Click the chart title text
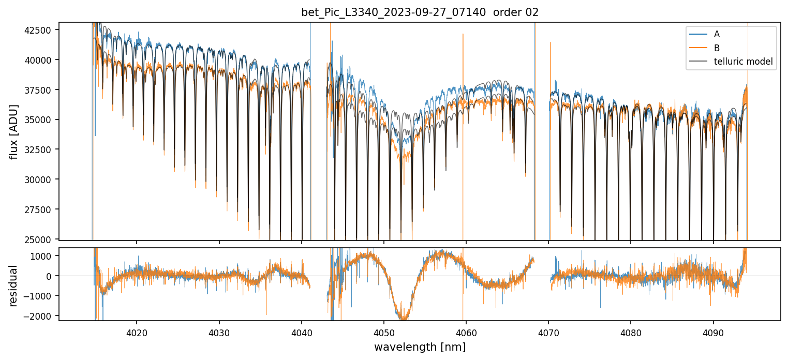pyautogui.click(x=420, y=12)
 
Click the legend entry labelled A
pyautogui.click(x=717, y=34)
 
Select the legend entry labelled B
pyautogui.click(x=717, y=48)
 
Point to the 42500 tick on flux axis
pyautogui.click(x=38, y=30)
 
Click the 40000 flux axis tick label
pyautogui.click(x=38, y=60)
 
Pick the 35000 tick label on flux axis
pyautogui.click(x=38, y=120)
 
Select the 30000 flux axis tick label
pyautogui.click(x=38, y=179)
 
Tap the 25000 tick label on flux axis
pyautogui.click(x=38, y=239)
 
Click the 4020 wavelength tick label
pyautogui.click(x=137, y=331)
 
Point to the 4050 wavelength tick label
pyautogui.click(x=384, y=331)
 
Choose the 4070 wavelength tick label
pyautogui.click(x=548, y=331)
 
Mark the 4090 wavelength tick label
pyautogui.click(x=713, y=331)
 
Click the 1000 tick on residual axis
pyautogui.click(x=43, y=256)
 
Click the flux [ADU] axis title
pyautogui.click(x=14, y=131)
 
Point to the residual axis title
pyautogui.click(x=14, y=286)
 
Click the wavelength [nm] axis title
pyautogui.click(x=420, y=347)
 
